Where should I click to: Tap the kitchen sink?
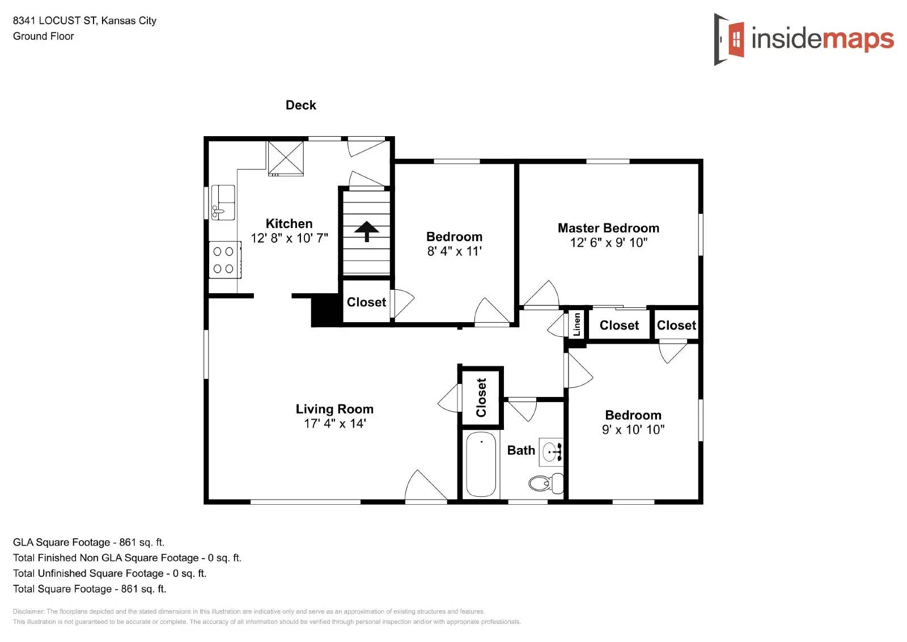point(223,202)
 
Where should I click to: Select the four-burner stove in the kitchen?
point(224,260)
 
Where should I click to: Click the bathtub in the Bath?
point(481,464)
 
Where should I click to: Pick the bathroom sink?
point(550,452)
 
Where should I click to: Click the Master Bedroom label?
point(608,228)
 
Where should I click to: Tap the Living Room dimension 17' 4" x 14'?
point(334,424)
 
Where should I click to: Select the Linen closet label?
point(577,324)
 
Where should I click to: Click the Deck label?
point(300,105)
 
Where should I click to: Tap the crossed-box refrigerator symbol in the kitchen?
point(286,158)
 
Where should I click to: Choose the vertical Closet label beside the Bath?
point(481,398)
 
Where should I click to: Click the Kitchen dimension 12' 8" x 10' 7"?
point(289,238)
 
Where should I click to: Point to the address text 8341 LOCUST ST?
point(54,20)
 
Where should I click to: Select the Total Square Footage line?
point(90,589)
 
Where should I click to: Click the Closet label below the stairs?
point(366,302)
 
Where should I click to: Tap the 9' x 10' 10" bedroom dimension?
point(633,430)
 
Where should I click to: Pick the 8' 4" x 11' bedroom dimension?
point(454,251)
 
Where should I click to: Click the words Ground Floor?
point(44,36)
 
